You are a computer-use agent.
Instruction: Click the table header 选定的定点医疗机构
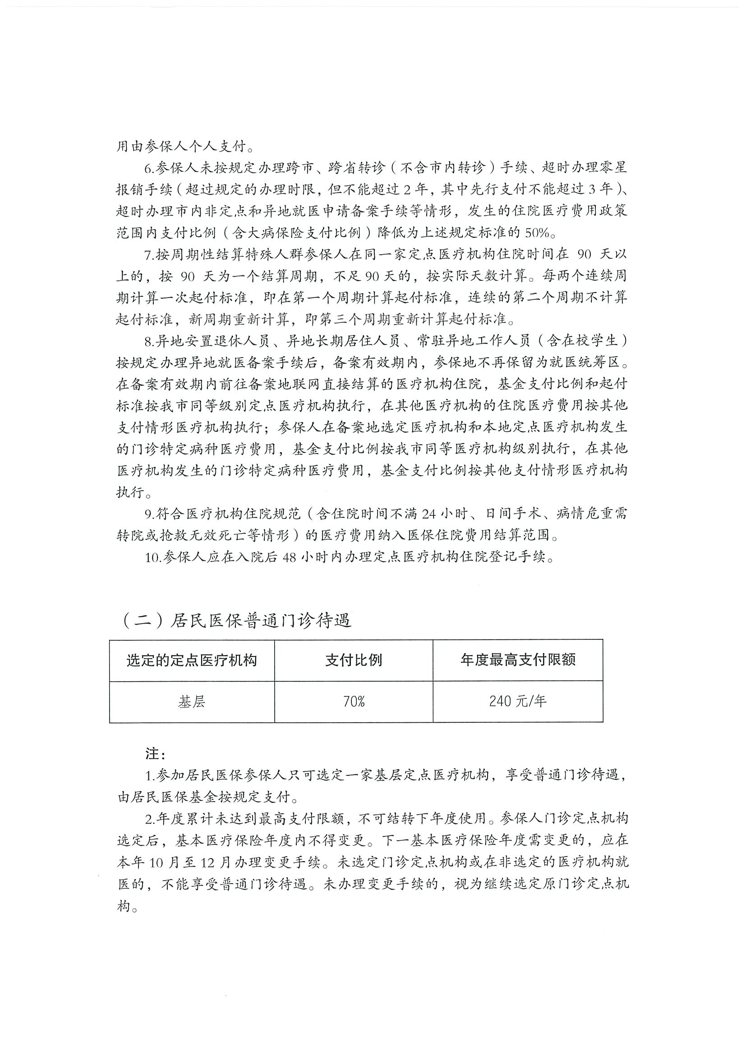pyautogui.click(x=191, y=661)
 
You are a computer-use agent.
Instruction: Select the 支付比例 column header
pyautogui.click(x=354, y=661)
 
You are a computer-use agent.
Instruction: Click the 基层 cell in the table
pyautogui.click(x=191, y=702)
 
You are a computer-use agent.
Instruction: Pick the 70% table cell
pyautogui.click(x=354, y=702)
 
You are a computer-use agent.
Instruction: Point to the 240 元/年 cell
pyautogui.click(x=518, y=702)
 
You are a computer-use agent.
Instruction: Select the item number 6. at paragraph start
pyautogui.click(x=149, y=168)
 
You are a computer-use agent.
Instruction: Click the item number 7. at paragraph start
pyautogui.click(x=149, y=255)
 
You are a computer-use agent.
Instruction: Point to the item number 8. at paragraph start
pyautogui.click(x=149, y=341)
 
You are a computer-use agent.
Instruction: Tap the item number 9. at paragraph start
pyautogui.click(x=149, y=514)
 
